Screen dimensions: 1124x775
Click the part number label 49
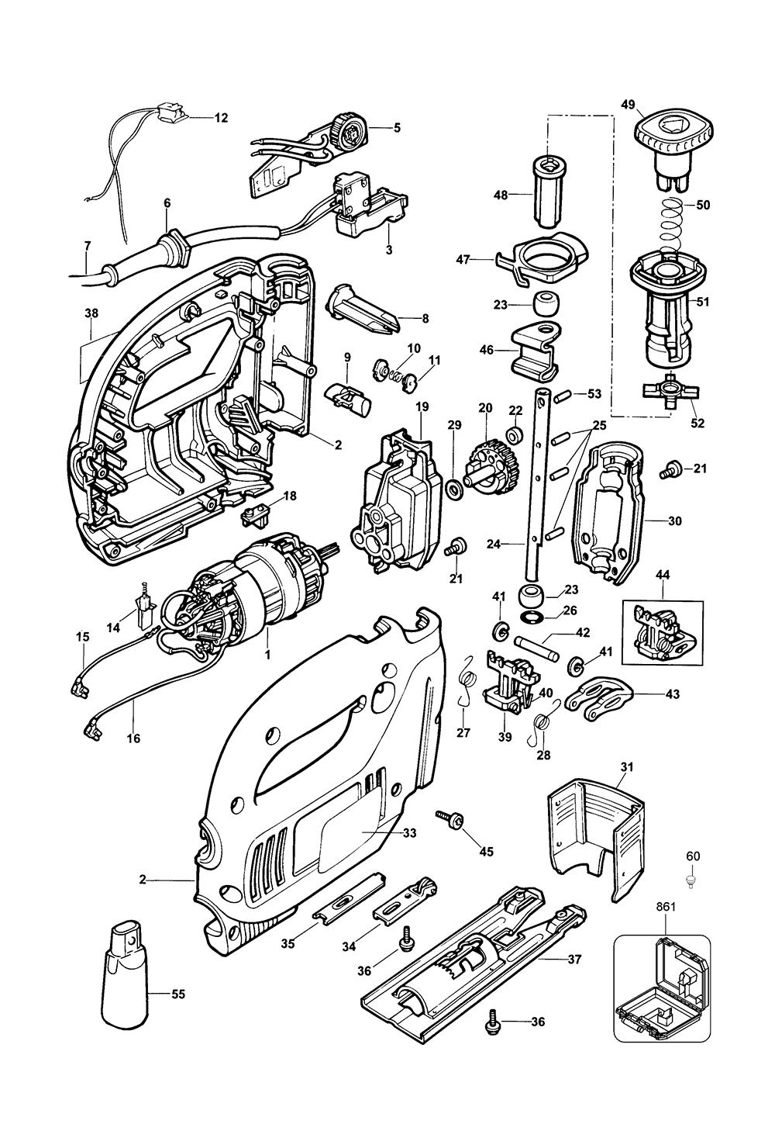point(629,103)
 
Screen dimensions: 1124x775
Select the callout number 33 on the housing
point(409,833)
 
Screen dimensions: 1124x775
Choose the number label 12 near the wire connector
point(221,118)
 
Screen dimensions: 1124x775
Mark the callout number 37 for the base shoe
point(574,960)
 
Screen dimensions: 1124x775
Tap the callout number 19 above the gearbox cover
point(422,406)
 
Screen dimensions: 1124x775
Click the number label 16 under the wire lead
point(133,738)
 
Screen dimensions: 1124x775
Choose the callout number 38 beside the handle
point(91,314)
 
